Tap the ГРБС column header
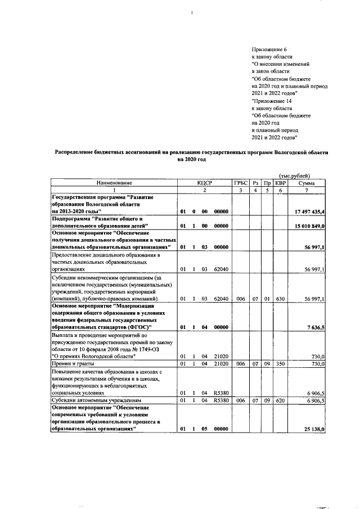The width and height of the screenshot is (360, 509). coord(241,183)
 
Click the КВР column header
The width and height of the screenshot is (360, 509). coord(280,183)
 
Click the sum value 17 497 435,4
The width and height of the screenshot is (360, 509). coord(310,211)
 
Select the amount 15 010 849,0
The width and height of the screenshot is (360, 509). coord(310,226)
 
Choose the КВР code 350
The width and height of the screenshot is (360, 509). coord(280,364)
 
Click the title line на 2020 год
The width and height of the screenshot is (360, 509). coord(191,160)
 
